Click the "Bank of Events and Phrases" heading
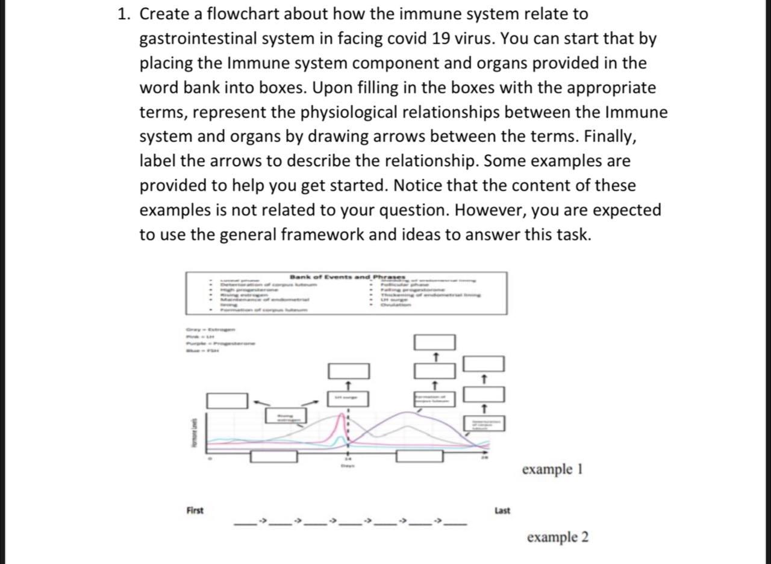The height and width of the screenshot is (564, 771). pyautogui.click(x=348, y=277)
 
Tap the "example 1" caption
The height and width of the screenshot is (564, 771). pyautogui.click(x=552, y=469)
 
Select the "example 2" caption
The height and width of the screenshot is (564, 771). pyautogui.click(x=557, y=537)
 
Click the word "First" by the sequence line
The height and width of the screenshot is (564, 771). pyautogui.click(x=195, y=510)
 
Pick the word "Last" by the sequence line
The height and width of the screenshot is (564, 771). pyautogui.click(x=502, y=510)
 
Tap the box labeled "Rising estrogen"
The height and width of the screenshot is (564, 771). pyautogui.click(x=286, y=416)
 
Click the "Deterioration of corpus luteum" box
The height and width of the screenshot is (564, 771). pyautogui.click(x=484, y=424)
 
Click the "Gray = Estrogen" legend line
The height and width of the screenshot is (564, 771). pyautogui.click(x=211, y=330)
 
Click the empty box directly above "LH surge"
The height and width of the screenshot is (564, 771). pyautogui.click(x=348, y=371)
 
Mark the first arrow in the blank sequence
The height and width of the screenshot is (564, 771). pyautogui.click(x=262, y=519)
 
